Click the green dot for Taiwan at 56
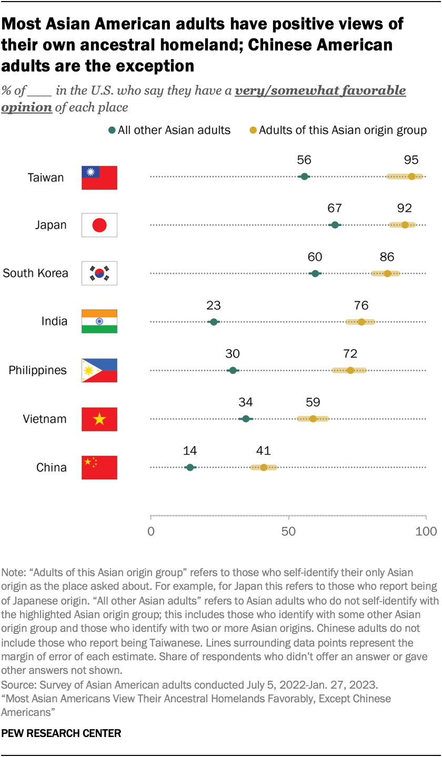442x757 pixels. pos(304,177)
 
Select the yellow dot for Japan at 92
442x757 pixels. pos(405,225)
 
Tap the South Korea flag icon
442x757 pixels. pos(99,273)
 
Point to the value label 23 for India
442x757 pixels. pos(214,305)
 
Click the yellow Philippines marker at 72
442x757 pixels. pos(350,370)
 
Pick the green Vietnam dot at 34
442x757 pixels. pos(246,419)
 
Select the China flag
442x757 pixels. pos(99,467)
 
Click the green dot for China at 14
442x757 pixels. pos(190,467)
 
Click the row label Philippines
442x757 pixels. pos(38,371)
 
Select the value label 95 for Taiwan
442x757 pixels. pos(411,160)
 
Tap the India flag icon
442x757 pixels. pos(99,322)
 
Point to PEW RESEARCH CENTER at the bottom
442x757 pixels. pos(61,733)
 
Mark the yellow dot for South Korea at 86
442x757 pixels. pos(387,273)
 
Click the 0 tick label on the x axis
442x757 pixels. pos(151,531)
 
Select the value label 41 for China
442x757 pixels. pos(263,451)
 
